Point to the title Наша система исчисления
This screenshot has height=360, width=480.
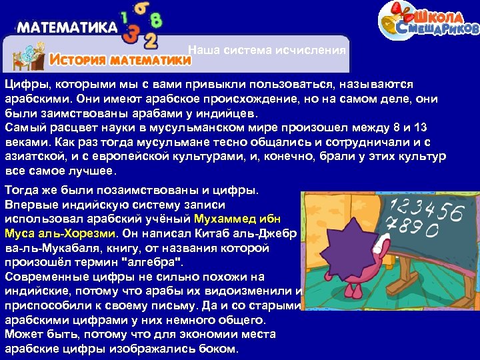pos(267,50)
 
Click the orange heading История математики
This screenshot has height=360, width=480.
pos(121,60)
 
